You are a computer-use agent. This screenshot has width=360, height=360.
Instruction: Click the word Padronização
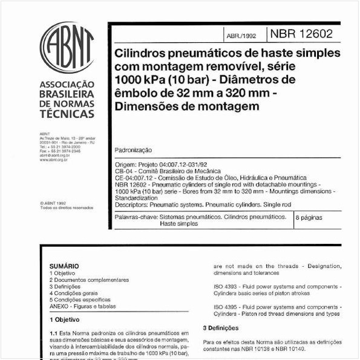133,149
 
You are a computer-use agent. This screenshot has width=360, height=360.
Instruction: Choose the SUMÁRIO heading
64,266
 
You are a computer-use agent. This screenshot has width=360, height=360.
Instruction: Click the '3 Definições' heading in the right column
220,328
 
